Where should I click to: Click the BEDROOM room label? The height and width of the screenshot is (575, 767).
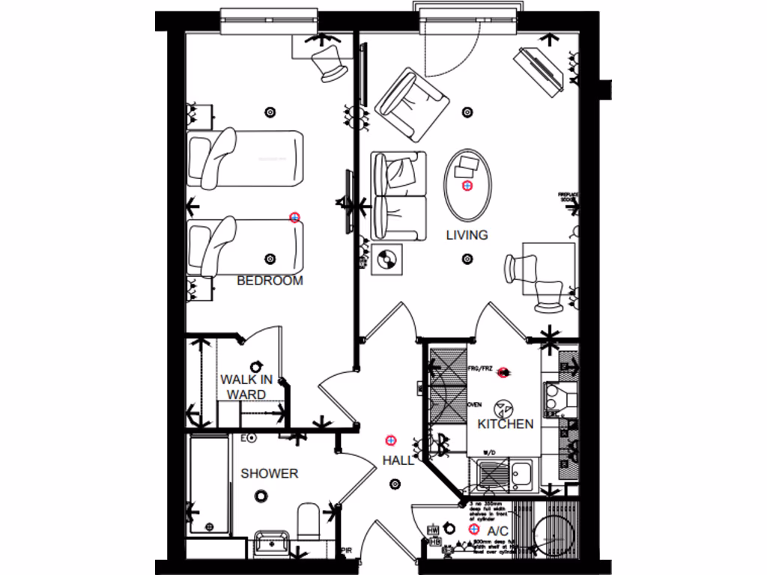pos(270,281)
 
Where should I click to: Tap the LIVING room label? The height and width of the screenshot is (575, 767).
pos(467,234)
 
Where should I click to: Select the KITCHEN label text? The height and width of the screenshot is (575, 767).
pos(506,424)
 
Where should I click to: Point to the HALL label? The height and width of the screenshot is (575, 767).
pos(398,460)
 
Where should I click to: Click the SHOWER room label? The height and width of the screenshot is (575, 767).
pos(269,473)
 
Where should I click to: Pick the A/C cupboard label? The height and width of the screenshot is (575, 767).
pos(498,531)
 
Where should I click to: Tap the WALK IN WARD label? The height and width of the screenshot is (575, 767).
pos(246,387)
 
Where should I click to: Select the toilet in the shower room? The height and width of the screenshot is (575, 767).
pos(308,520)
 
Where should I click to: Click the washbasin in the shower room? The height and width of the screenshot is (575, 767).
pos(270,543)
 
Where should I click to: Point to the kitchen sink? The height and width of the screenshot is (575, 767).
pos(522,473)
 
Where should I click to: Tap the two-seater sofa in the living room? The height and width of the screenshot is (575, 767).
pos(399,195)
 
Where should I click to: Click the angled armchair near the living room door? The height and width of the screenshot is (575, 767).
pos(412,103)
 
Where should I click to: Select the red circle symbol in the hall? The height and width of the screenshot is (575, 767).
pos(389,439)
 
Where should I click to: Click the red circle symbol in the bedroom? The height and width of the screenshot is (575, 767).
pos(294,217)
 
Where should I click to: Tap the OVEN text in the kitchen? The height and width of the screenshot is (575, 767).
pos(474,404)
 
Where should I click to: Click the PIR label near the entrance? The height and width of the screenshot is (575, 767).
pos(346,550)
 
